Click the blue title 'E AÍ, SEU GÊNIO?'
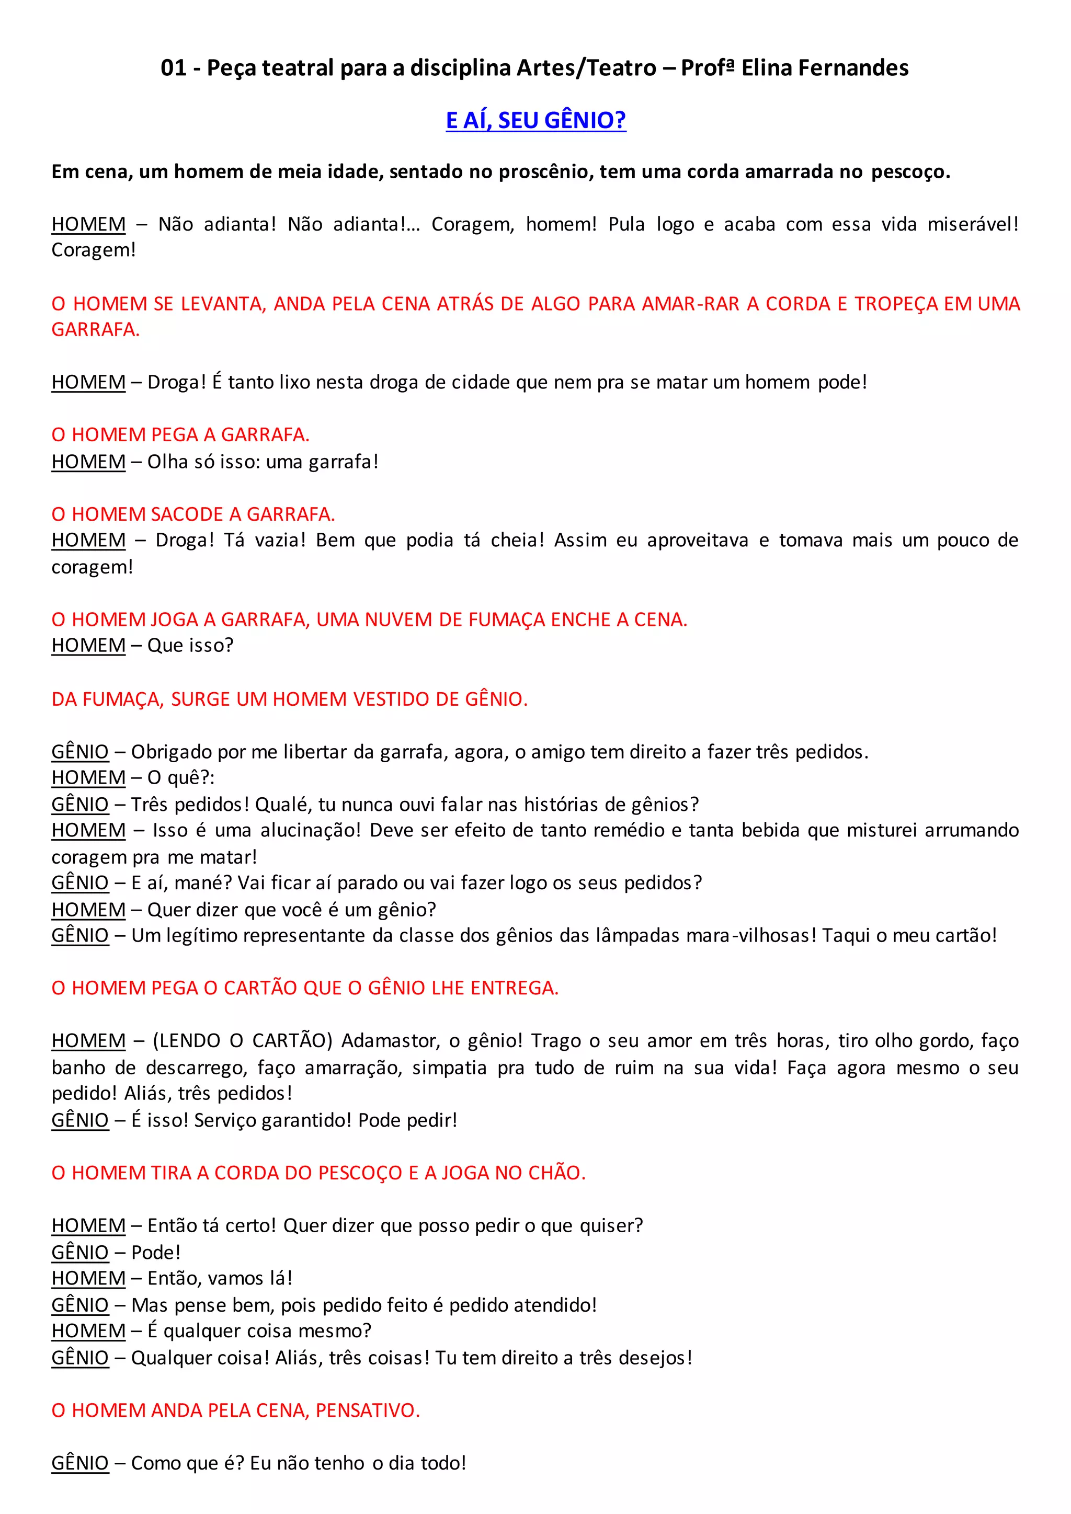tap(535, 120)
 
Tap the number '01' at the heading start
tap(174, 68)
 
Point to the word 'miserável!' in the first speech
tap(973, 224)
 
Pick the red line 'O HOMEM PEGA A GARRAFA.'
tap(180, 435)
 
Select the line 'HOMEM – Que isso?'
tap(142, 646)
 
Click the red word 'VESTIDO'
tap(390, 699)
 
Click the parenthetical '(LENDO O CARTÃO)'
tap(243, 1040)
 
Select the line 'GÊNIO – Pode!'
tap(116, 1252)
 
